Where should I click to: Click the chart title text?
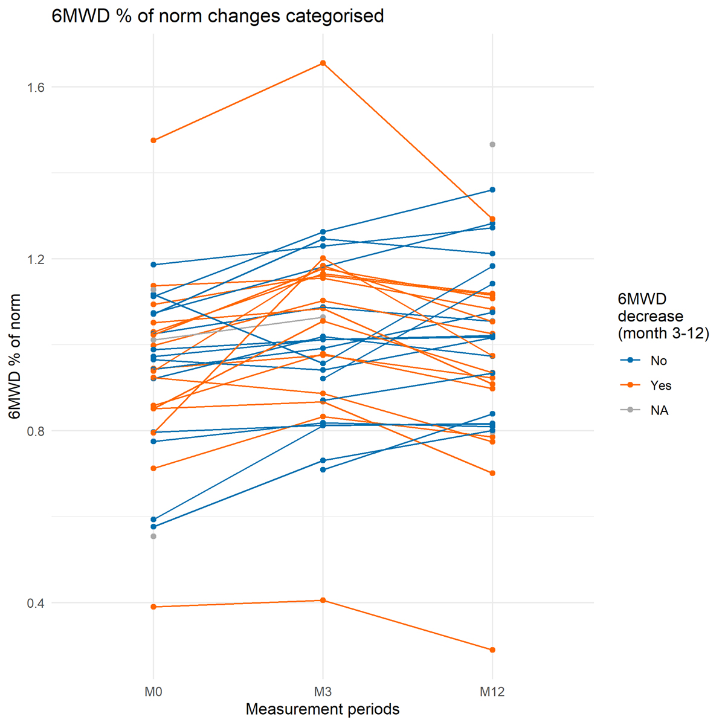point(217,16)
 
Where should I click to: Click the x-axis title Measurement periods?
point(323,709)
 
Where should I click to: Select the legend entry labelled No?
point(659,361)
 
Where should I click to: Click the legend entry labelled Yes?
point(661,385)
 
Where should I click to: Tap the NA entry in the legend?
point(660,410)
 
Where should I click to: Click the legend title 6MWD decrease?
point(663,315)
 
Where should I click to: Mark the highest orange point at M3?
point(323,63)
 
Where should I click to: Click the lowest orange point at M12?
point(492,650)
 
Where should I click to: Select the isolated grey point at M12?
point(492,144)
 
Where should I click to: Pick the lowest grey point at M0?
point(153,536)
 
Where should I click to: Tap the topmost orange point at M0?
point(153,140)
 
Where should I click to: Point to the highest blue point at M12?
point(492,190)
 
